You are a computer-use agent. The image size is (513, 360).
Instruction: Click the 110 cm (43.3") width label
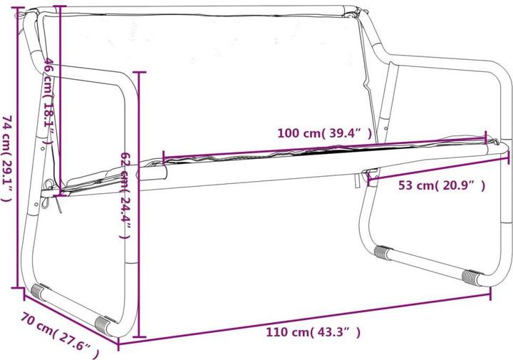pyautogui.click(x=313, y=332)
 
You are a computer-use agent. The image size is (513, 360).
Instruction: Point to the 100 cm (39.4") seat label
pyautogui.click(x=325, y=133)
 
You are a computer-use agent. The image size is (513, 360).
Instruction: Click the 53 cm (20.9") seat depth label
pyautogui.click(x=442, y=185)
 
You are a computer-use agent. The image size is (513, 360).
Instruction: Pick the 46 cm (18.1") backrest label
pyautogui.click(x=49, y=101)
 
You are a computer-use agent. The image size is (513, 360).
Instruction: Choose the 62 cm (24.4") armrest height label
pyautogui.click(x=126, y=195)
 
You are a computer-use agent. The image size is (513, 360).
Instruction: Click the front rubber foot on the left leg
pyautogui.click(x=104, y=324)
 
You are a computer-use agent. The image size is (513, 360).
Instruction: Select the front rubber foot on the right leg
pyautogui.click(x=472, y=277)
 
